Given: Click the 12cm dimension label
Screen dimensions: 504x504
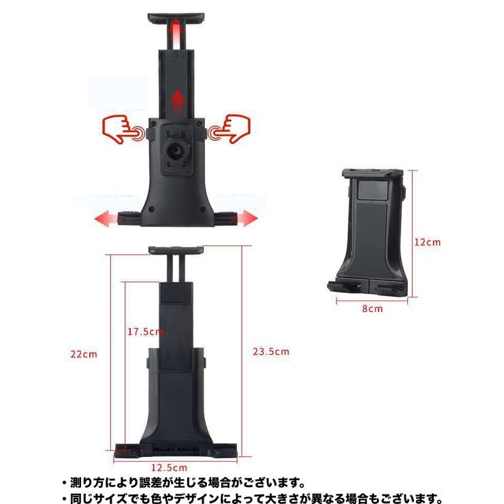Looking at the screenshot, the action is pos(427,242).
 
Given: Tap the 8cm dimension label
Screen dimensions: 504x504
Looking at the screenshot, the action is pos(373,309).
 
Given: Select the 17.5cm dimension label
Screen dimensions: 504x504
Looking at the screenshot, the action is pos(145,332).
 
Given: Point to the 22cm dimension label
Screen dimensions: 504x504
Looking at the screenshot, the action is pos(84,354).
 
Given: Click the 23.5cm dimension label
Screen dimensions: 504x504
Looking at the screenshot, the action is pos(271,351).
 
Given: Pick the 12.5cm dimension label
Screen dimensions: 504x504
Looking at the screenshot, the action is pos(169,468).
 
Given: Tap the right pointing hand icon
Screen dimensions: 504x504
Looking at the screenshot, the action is pos(230,129).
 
